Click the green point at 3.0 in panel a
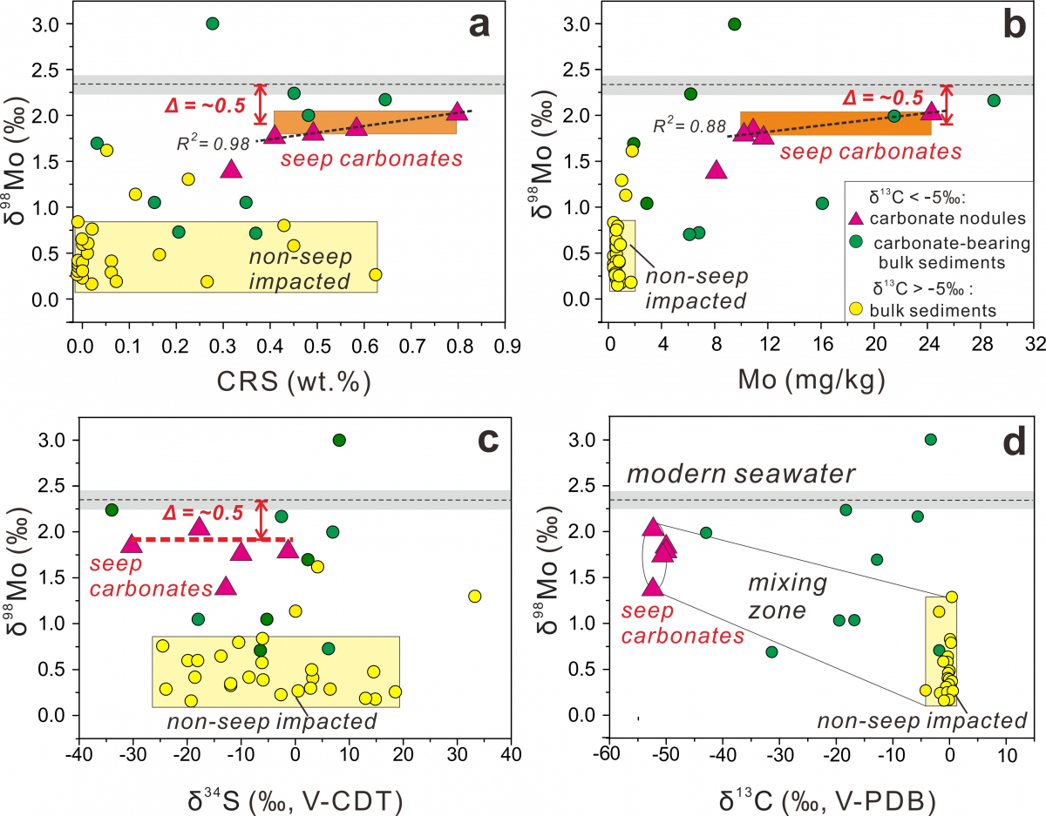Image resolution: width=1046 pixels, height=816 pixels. point(212,24)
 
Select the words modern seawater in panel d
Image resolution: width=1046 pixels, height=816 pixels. point(741,475)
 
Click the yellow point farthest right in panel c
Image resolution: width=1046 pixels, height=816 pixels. point(474,597)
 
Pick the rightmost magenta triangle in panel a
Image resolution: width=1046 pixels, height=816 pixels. point(458,111)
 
